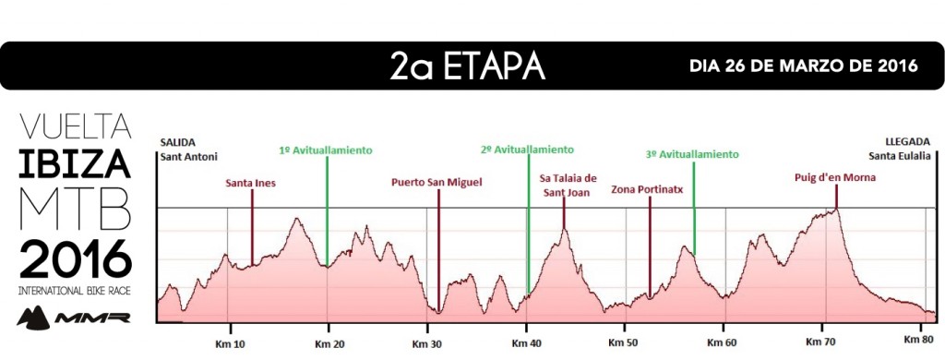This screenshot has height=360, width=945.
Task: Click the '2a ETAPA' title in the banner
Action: point(468,66)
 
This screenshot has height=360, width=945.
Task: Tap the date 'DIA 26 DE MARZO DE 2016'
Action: point(803,66)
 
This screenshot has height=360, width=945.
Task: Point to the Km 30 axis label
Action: point(426,342)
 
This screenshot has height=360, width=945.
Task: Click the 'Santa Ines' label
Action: point(251,183)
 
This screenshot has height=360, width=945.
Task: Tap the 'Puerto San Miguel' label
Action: point(437,183)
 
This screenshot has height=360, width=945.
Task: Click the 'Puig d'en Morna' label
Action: point(835,178)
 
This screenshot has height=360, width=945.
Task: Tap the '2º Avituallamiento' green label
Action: point(528,150)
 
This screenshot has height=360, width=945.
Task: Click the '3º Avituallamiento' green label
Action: point(693,155)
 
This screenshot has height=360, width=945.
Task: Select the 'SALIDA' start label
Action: point(178,142)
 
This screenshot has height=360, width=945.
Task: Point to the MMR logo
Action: point(75,317)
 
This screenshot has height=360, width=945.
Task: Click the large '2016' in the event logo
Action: point(75,260)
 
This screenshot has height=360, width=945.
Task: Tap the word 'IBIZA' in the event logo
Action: point(75,166)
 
